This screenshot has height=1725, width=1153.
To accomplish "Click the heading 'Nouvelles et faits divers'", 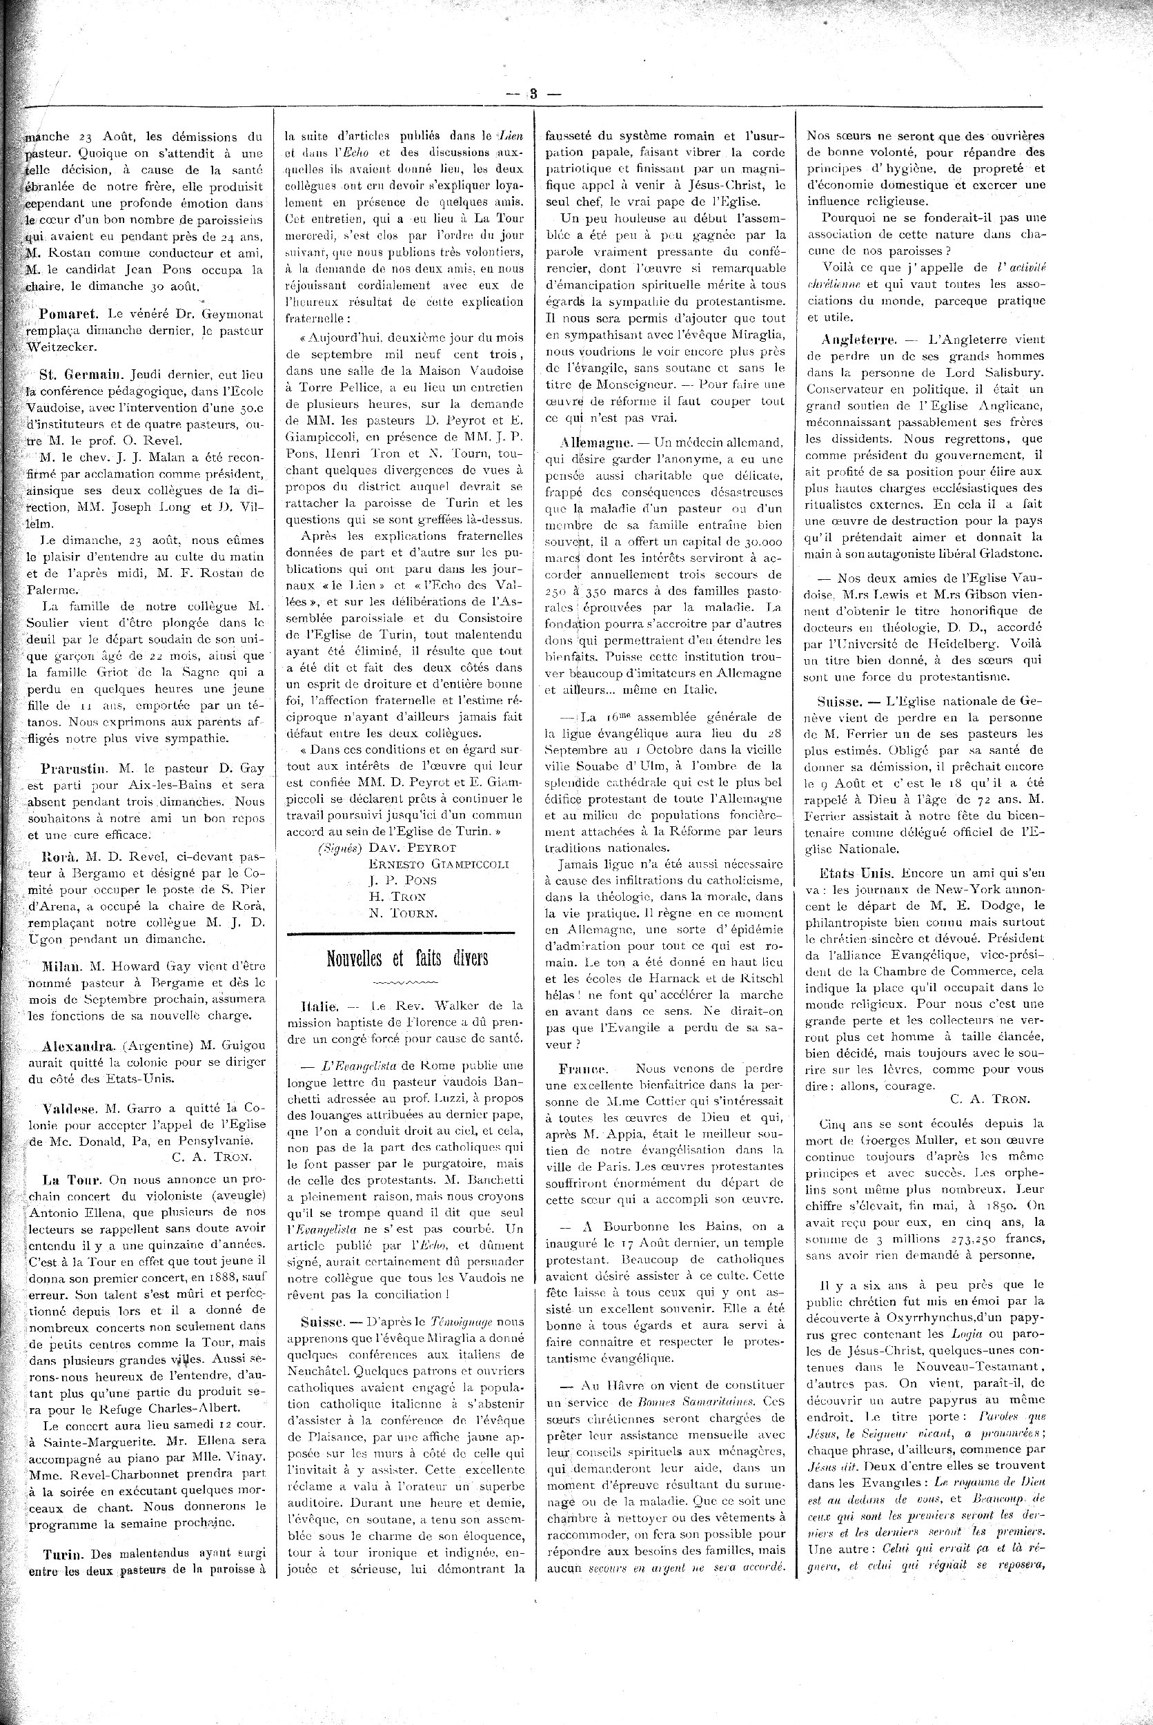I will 406,958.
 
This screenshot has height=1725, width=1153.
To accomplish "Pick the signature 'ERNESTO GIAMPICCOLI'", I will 438,863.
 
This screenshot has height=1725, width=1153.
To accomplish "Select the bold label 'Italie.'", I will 319,1005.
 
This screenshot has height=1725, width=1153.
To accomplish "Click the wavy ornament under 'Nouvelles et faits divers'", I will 406,982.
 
